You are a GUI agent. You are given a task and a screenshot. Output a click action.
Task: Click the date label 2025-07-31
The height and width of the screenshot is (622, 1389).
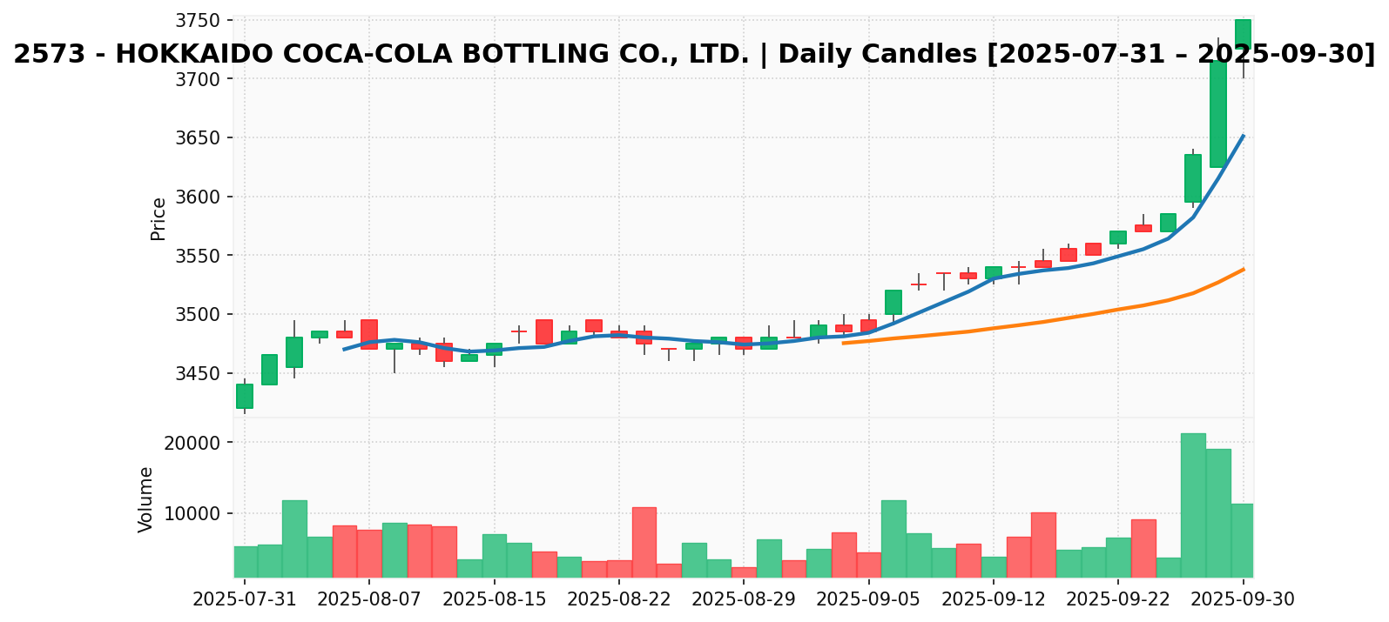(245, 599)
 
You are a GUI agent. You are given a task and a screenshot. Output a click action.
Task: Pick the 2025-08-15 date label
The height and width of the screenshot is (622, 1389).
(495, 599)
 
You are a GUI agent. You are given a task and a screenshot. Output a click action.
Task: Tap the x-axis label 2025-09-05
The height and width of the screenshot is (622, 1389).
(868, 599)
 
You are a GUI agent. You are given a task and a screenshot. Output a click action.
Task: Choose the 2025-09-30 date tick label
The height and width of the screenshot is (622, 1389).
(1243, 599)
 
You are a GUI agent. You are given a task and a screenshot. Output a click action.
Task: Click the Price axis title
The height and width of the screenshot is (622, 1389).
(158, 218)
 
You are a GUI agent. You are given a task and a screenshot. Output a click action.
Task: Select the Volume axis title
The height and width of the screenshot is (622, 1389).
(146, 499)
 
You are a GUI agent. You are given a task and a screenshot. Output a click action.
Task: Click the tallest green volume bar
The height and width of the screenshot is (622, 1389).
(1193, 505)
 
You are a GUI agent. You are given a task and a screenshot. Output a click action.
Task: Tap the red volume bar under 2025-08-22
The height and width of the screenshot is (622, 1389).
(644, 542)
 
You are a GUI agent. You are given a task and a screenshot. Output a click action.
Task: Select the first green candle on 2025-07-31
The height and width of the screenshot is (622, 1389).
(245, 396)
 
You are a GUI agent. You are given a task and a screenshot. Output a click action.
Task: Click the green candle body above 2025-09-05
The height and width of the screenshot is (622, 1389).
(893, 302)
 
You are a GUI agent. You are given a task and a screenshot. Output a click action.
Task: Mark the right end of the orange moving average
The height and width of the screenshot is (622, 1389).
(1243, 270)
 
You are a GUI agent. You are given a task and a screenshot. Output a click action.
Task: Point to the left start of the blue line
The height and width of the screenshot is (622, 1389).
(344, 349)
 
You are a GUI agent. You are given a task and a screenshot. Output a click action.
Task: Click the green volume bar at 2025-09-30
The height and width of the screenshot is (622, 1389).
(1243, 540)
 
